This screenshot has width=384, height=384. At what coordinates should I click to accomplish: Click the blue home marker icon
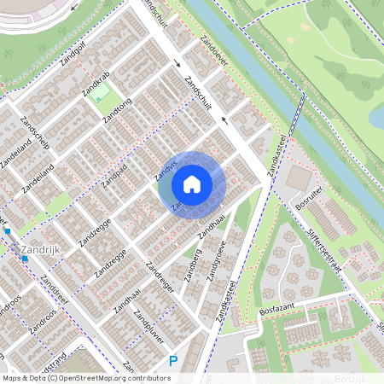[192, 183]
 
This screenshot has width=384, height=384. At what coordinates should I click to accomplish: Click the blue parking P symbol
[173, 361]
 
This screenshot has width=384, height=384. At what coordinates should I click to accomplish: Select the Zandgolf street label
[74, 59]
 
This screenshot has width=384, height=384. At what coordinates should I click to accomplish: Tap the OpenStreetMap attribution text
[85, 377]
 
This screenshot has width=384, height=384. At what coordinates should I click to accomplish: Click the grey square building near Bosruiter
[299, 178]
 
